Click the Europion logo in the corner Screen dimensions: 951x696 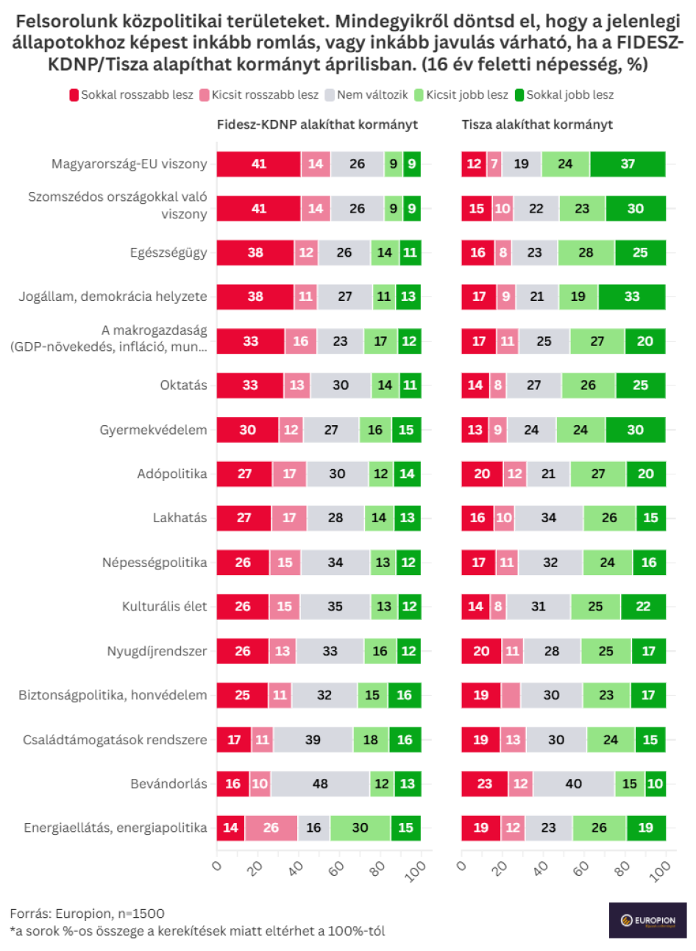(647, 920)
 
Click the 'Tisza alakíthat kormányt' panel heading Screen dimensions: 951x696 (537, 124)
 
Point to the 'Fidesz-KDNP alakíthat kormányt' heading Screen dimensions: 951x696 (317, 124)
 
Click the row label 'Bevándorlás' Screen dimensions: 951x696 (168, 783)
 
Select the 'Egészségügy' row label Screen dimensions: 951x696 (168, 252)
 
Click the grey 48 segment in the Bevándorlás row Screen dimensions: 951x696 (320, 783)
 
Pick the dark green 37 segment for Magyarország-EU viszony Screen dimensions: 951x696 (628, 164)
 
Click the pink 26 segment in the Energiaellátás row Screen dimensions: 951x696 (271, 827)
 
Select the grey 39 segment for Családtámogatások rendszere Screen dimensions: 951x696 (313, 739)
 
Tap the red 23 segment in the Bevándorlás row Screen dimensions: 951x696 (484, 783)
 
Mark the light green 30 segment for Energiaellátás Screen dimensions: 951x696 (360, 827)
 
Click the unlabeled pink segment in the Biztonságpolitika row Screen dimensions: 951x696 (511, 695)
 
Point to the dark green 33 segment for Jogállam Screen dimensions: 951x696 (632, 296)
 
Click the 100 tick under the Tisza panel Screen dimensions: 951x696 (660, 871)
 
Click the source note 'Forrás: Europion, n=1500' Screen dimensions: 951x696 (87, 913)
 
